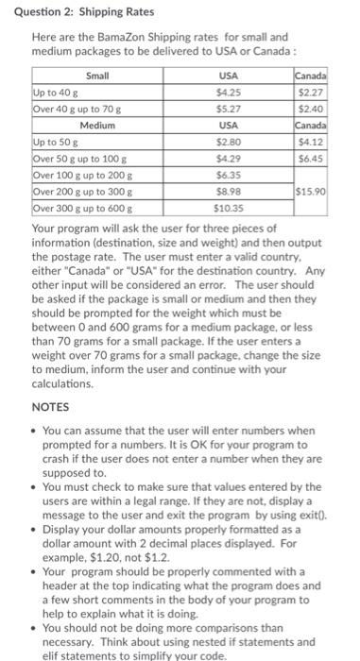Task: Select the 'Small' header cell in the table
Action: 97,76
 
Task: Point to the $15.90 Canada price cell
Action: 312,190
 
